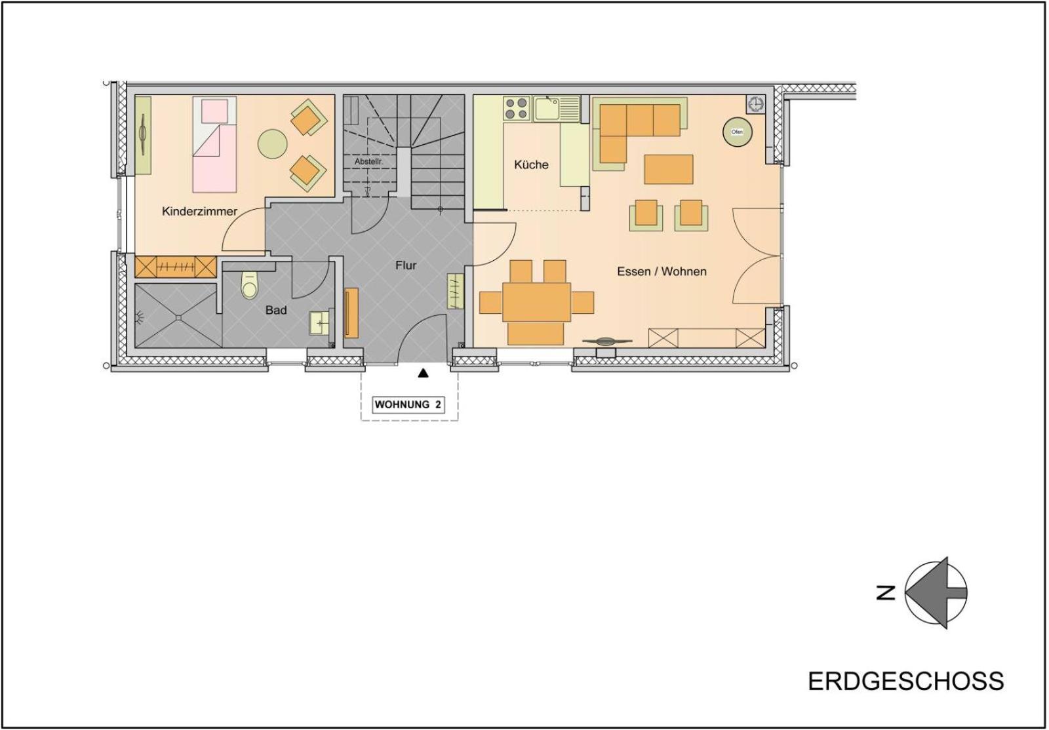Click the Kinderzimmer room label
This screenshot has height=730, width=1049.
pyautogui.click(x=199, y=212)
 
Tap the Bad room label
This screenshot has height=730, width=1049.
pyautogui.click(x=276, y=310)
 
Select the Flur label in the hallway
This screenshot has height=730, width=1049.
pyautogui.click(x=406, y=265)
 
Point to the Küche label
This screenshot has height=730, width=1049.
pyautogui.click(x=531, y=164)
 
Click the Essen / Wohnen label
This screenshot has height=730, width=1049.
pyautogui.click(x=662, y=271)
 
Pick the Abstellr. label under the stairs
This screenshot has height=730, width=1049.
pyautogui.click(x=369, y=161)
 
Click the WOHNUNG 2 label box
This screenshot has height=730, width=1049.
pyautogui.click(x=408, y=405)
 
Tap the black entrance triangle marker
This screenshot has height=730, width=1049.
pyautogui.click(x=424, y=373)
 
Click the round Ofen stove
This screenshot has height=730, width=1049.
pyautogui.click(x=737, y=132)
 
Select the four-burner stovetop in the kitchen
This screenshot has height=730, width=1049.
pyautogui.click(x=517, y=109)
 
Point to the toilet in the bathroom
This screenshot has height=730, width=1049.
pyautogui.click(x=250, y=285)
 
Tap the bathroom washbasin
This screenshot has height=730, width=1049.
pyautogui.click(x=321, y=323)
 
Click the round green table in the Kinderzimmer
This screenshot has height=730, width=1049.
pyautogui.click(x=272, y=144)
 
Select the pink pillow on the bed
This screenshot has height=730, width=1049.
pyautogui.click(x=214, y=111)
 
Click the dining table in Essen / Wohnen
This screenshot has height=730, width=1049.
pyautogui.click(x=537, y=302)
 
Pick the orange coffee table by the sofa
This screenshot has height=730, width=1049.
pyautogui.click(x=668, y=170)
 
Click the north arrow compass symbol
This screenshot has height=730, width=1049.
pyautogui.click(x=935, y=592)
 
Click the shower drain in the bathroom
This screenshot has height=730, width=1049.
pyautogui.click(x=179, y=318)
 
